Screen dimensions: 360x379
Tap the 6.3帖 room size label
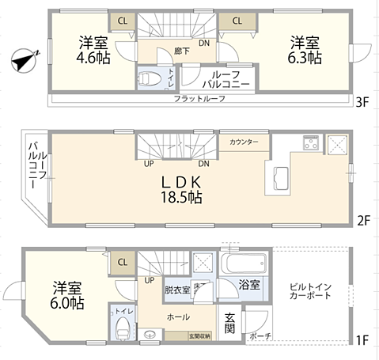click(304, 58)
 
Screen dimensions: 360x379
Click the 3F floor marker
click(362, 101)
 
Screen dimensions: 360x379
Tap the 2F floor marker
click(362, 220)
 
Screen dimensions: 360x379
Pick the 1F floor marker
click(362, 341)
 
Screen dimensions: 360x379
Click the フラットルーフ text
click(200, 98)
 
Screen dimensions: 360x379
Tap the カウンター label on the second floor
click(244, 142)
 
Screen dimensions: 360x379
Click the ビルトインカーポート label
click(310, 290)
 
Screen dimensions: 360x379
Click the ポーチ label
click(260, 337)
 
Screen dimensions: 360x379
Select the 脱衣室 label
click(176, 290)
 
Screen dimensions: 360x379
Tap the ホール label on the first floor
click(177, 316)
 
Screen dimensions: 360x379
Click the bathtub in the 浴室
click(244, 263)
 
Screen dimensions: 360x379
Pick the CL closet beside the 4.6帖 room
click(123, 21)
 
